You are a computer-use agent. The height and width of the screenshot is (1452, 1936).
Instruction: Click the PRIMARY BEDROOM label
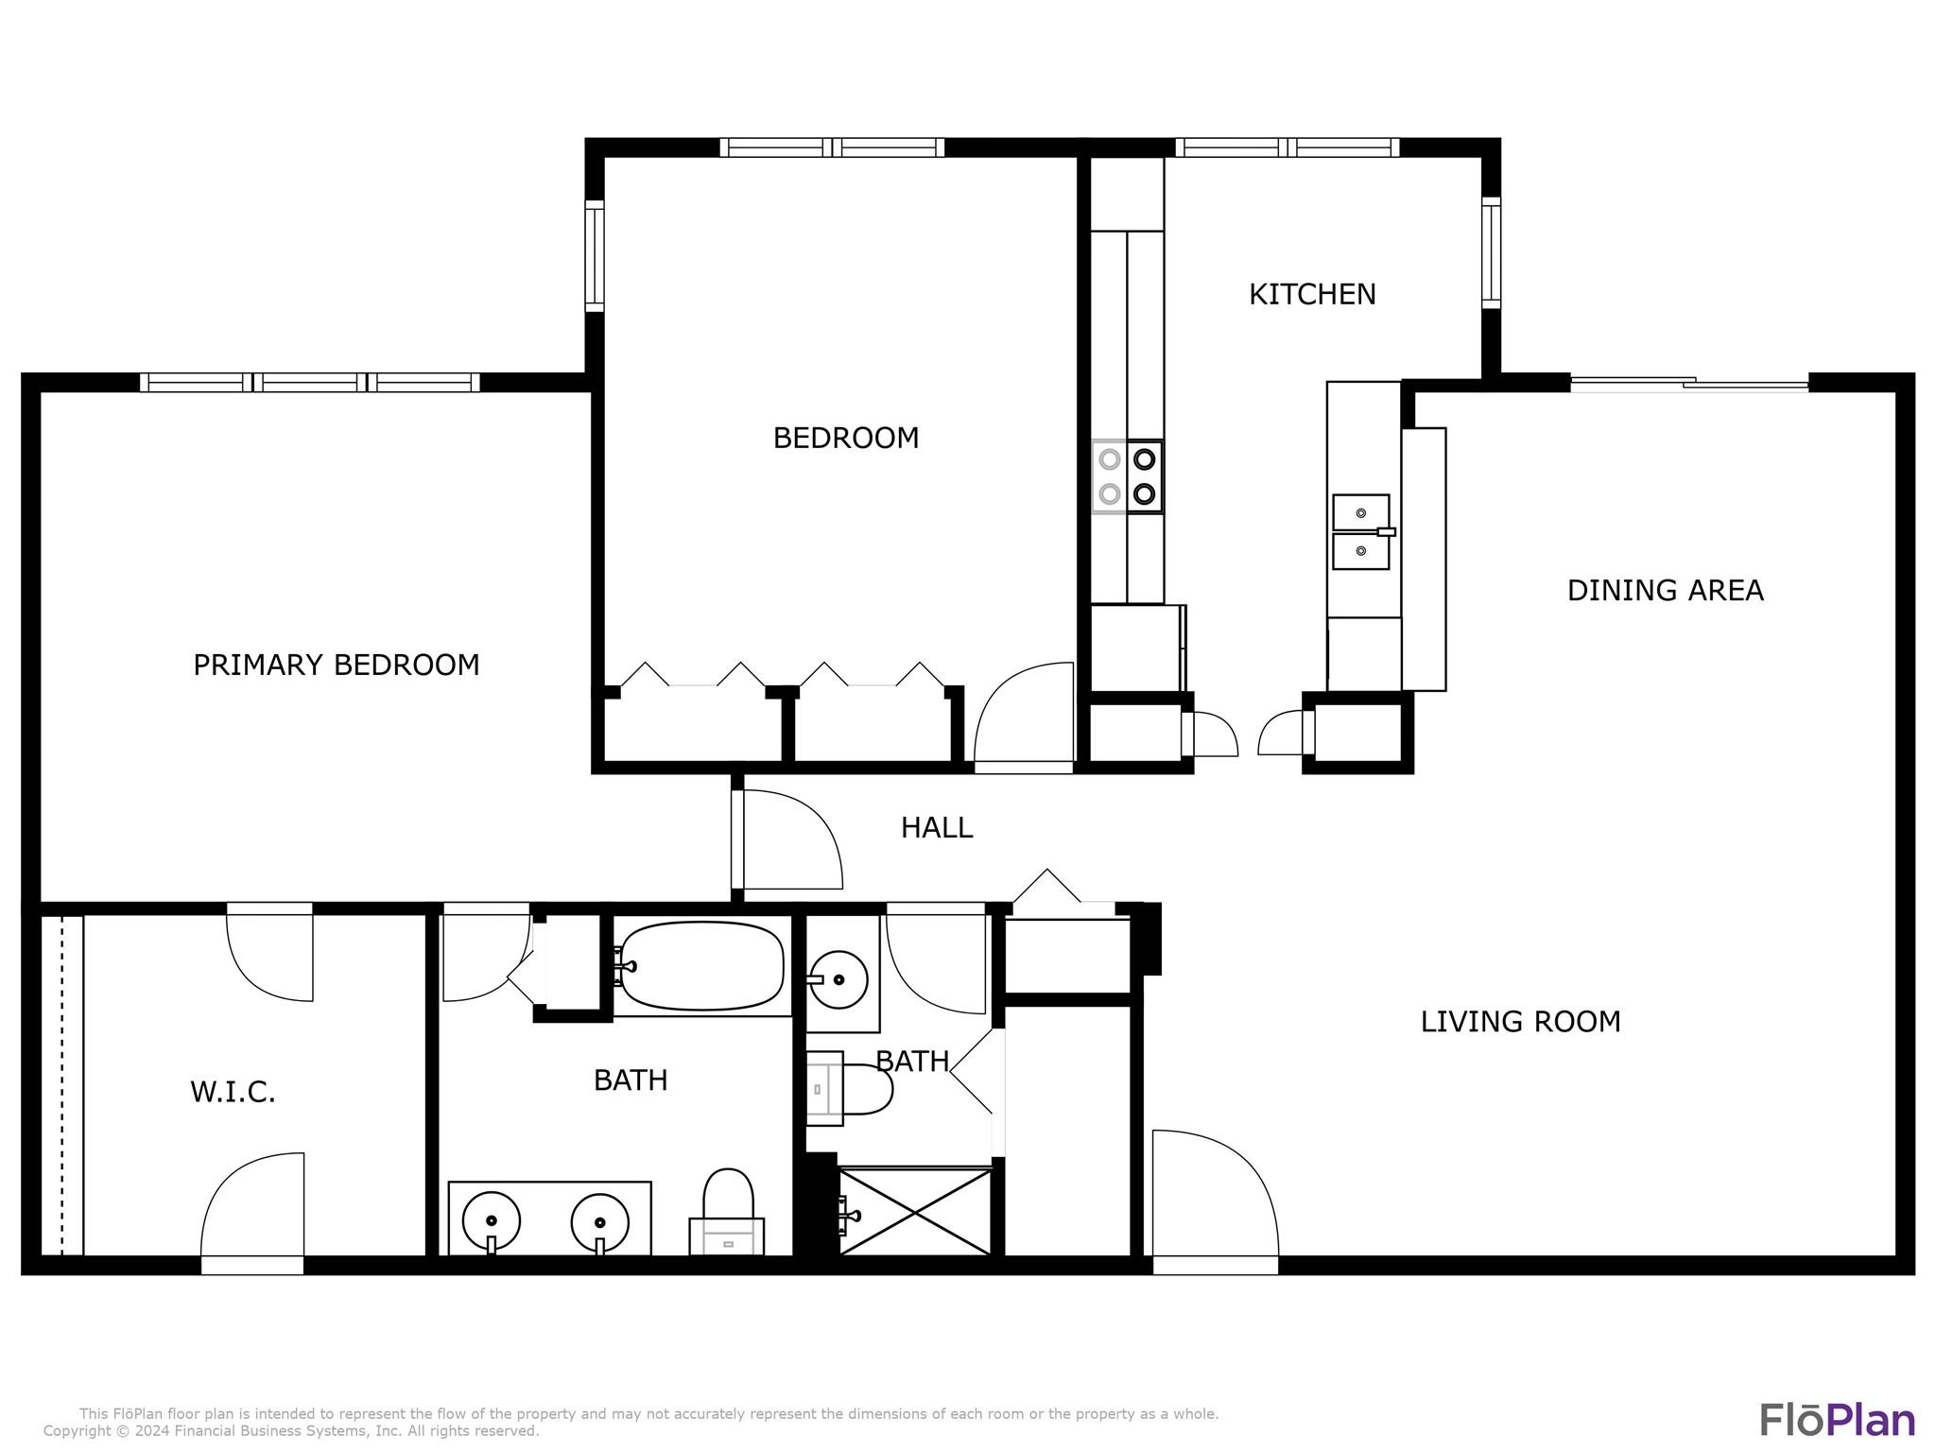(x=337, y=665)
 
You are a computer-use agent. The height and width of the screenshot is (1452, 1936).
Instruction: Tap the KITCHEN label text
(x=1312, y=295)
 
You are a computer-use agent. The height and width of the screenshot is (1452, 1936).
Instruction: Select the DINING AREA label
(x=1666, y=591)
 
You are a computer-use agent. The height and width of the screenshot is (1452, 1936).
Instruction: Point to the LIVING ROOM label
(x=1521, y=1022)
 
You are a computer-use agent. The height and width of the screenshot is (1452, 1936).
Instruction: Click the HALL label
(x=937, y=828)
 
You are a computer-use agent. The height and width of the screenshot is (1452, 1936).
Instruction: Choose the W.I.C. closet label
(x=233, y=1093)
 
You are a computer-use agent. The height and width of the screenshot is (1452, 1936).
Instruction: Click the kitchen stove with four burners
(x=1127, y=476)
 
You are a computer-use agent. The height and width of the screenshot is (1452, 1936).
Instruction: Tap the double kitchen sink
(x=1361, y=531)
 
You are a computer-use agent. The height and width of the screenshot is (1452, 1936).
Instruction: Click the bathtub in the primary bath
(x=701, y=966)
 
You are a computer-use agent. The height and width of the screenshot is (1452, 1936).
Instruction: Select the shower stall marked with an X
(x=915, y=1212)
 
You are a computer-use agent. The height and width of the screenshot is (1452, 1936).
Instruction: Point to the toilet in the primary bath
(x=727, y=1213)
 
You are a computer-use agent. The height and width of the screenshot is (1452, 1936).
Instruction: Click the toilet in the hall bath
(x=849, y=1089)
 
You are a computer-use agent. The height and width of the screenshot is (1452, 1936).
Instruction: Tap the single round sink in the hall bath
(x=838, y=979)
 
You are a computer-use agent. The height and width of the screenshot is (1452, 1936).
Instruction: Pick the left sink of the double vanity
(x=491, y=1220)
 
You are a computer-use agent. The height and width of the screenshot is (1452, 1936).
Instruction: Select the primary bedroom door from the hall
(x=787, y=839)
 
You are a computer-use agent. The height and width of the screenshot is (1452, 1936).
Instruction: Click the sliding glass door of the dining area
(x=1689, y=384)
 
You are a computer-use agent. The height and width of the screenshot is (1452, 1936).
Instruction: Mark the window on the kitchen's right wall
(x=1491, y=252)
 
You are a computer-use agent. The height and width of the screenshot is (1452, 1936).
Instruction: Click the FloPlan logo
(x=1837, y=1421)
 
